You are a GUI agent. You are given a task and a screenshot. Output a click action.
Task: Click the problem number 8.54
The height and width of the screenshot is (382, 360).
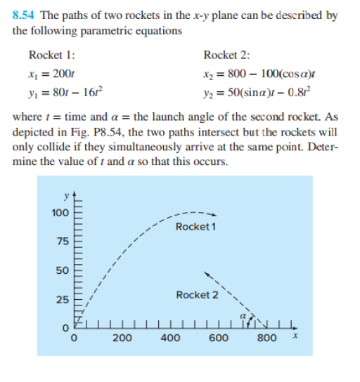pyautogui.click(x=25, y=14)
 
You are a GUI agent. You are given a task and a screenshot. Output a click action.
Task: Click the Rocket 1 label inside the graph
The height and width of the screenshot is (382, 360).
pyautogui.click(x=195, y=226)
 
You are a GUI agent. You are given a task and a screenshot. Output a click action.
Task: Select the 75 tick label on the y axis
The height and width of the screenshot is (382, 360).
pyautogui.click(x=62, y=242)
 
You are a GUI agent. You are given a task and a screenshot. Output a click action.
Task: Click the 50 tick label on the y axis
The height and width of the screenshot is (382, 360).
pyautogui.click(x=62, y=270)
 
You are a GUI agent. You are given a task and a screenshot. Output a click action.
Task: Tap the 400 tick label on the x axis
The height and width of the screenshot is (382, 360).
pyautogui.click(x=170, y=338)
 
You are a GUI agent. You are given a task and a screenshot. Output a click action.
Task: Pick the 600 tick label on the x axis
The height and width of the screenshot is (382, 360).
pyautogui.click(x=219, y=338)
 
